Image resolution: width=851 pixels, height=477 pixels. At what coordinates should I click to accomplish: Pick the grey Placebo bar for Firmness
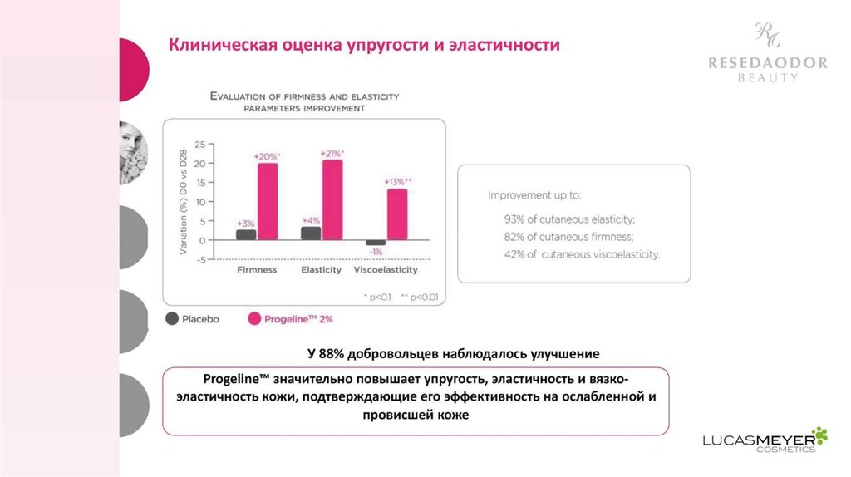[x=246, y=235]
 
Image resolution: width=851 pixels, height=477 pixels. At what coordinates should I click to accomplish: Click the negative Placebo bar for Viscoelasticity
[x=376, y=243]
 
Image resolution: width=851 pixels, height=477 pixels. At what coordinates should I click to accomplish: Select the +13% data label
[x=397, y=182]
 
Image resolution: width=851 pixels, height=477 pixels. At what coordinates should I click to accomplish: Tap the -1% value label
[x=376, y=252]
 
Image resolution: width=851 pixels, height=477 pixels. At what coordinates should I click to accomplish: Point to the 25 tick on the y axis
[x=199, y=145]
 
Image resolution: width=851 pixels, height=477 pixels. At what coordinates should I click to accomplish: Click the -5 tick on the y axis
[x=199, y=259]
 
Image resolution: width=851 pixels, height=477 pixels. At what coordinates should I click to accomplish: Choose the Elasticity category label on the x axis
[x=322, y=271]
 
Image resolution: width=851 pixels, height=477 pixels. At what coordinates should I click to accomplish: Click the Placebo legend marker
[x=173, y=318]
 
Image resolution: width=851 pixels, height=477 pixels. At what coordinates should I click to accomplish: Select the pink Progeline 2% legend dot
[x=255, y=318]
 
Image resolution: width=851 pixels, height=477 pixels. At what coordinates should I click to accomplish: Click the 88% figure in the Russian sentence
[x=332, y=353]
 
